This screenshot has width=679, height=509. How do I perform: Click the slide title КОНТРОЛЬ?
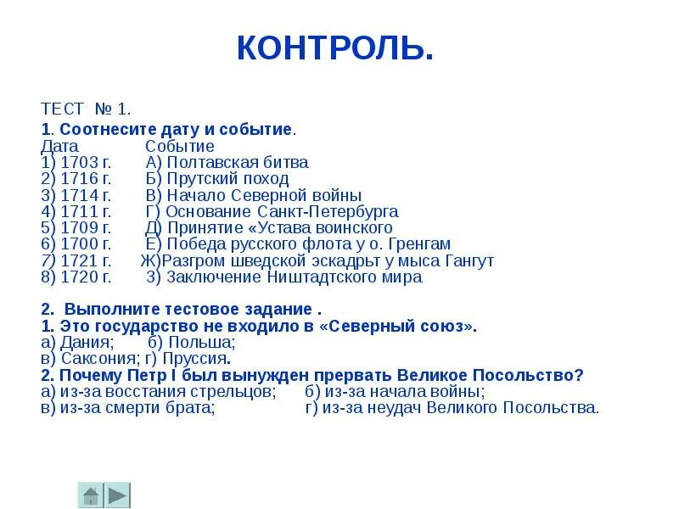click(335, 48)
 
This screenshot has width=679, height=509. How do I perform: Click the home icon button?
click(91, 495)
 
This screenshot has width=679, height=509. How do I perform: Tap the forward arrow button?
click(118, 495)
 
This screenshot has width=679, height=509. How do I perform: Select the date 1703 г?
click(85, 162)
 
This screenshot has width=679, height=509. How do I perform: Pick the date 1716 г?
click(85, 179)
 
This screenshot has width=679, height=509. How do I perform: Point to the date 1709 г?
click(85, 227)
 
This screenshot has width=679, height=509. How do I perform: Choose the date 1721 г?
click(85, 260)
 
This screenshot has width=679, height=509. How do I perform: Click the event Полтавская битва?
click(237, 162)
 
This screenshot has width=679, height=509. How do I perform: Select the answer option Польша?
click(202, 343)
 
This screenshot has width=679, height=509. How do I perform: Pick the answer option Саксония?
click(93, 359)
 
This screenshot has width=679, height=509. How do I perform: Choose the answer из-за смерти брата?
click(136, 408)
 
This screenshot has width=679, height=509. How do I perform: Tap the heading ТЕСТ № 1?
click(86, 109)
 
